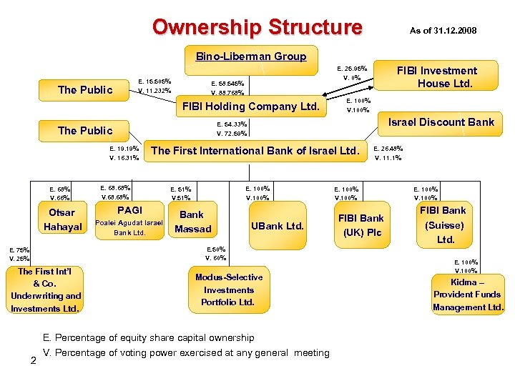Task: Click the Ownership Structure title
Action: coord(257,27)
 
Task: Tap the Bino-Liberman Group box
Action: coord(251,56)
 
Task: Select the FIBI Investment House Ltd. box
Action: coord(437,76)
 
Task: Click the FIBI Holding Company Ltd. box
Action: coord(250,107)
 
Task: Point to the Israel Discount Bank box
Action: coord(441,122)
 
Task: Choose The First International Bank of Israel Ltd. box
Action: coord(254,151)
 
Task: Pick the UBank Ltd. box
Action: coord(278,227)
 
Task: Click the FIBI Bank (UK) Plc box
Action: coord(360,225)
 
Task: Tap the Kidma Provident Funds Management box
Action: coord(468,295)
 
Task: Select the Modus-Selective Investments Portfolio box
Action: coord(228,289)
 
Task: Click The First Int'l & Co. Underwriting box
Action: coord(46,289)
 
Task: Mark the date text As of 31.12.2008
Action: coord(443,31)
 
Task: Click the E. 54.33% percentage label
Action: coord(232,124)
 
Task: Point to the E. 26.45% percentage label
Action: coord(388,149)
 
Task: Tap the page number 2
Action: coord(33,359)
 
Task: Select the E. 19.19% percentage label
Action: coord(124,149)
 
